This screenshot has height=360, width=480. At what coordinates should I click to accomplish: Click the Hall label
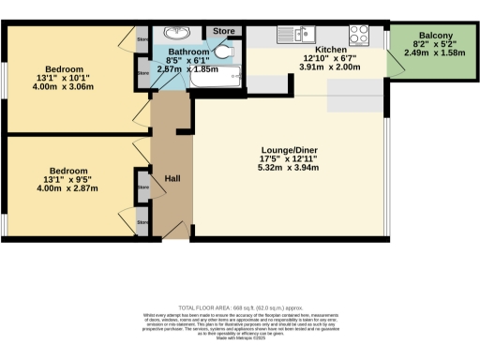[172, 177]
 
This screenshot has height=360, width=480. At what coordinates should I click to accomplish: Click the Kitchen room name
[330, 50]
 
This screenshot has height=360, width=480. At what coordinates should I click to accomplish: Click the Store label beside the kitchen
[223, 31]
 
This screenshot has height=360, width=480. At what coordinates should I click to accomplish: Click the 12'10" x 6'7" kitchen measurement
[330, 59]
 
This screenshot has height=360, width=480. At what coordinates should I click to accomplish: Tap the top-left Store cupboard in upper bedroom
[142, 40]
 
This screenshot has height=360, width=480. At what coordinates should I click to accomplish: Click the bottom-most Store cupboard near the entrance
[142, 222]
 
